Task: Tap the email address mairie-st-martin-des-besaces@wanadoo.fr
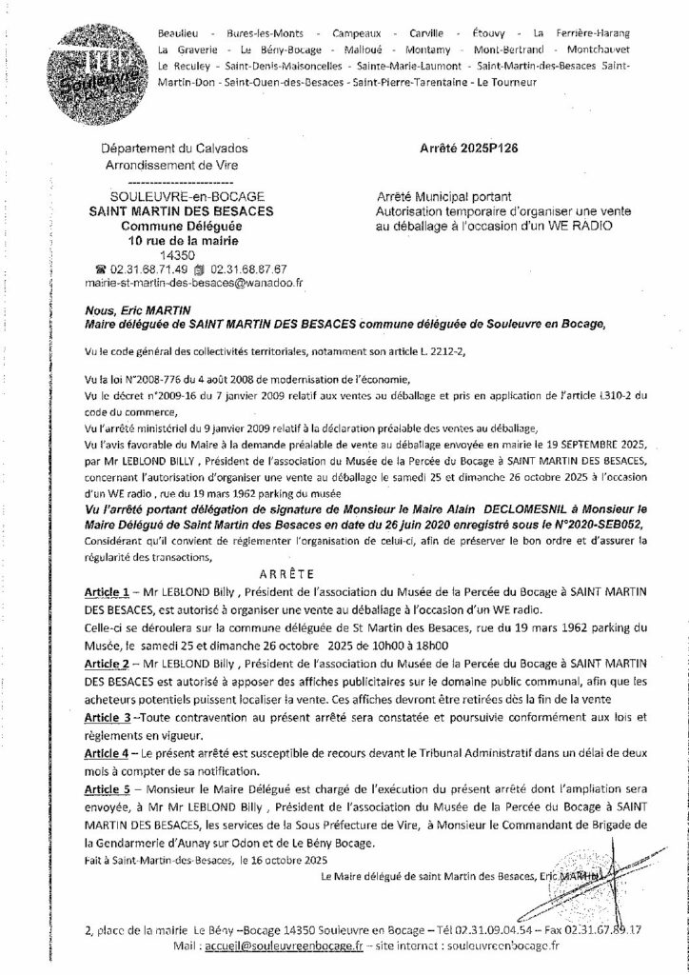point(193,282)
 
